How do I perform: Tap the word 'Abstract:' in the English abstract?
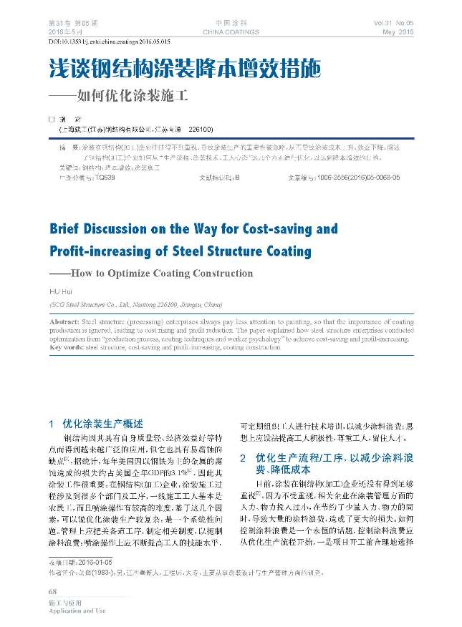coord(65,323)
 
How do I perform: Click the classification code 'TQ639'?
coord(106,175)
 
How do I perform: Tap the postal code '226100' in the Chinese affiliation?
coord(201,130)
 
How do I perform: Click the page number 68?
coord(52,591)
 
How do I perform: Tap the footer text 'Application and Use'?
coord(77,611)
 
